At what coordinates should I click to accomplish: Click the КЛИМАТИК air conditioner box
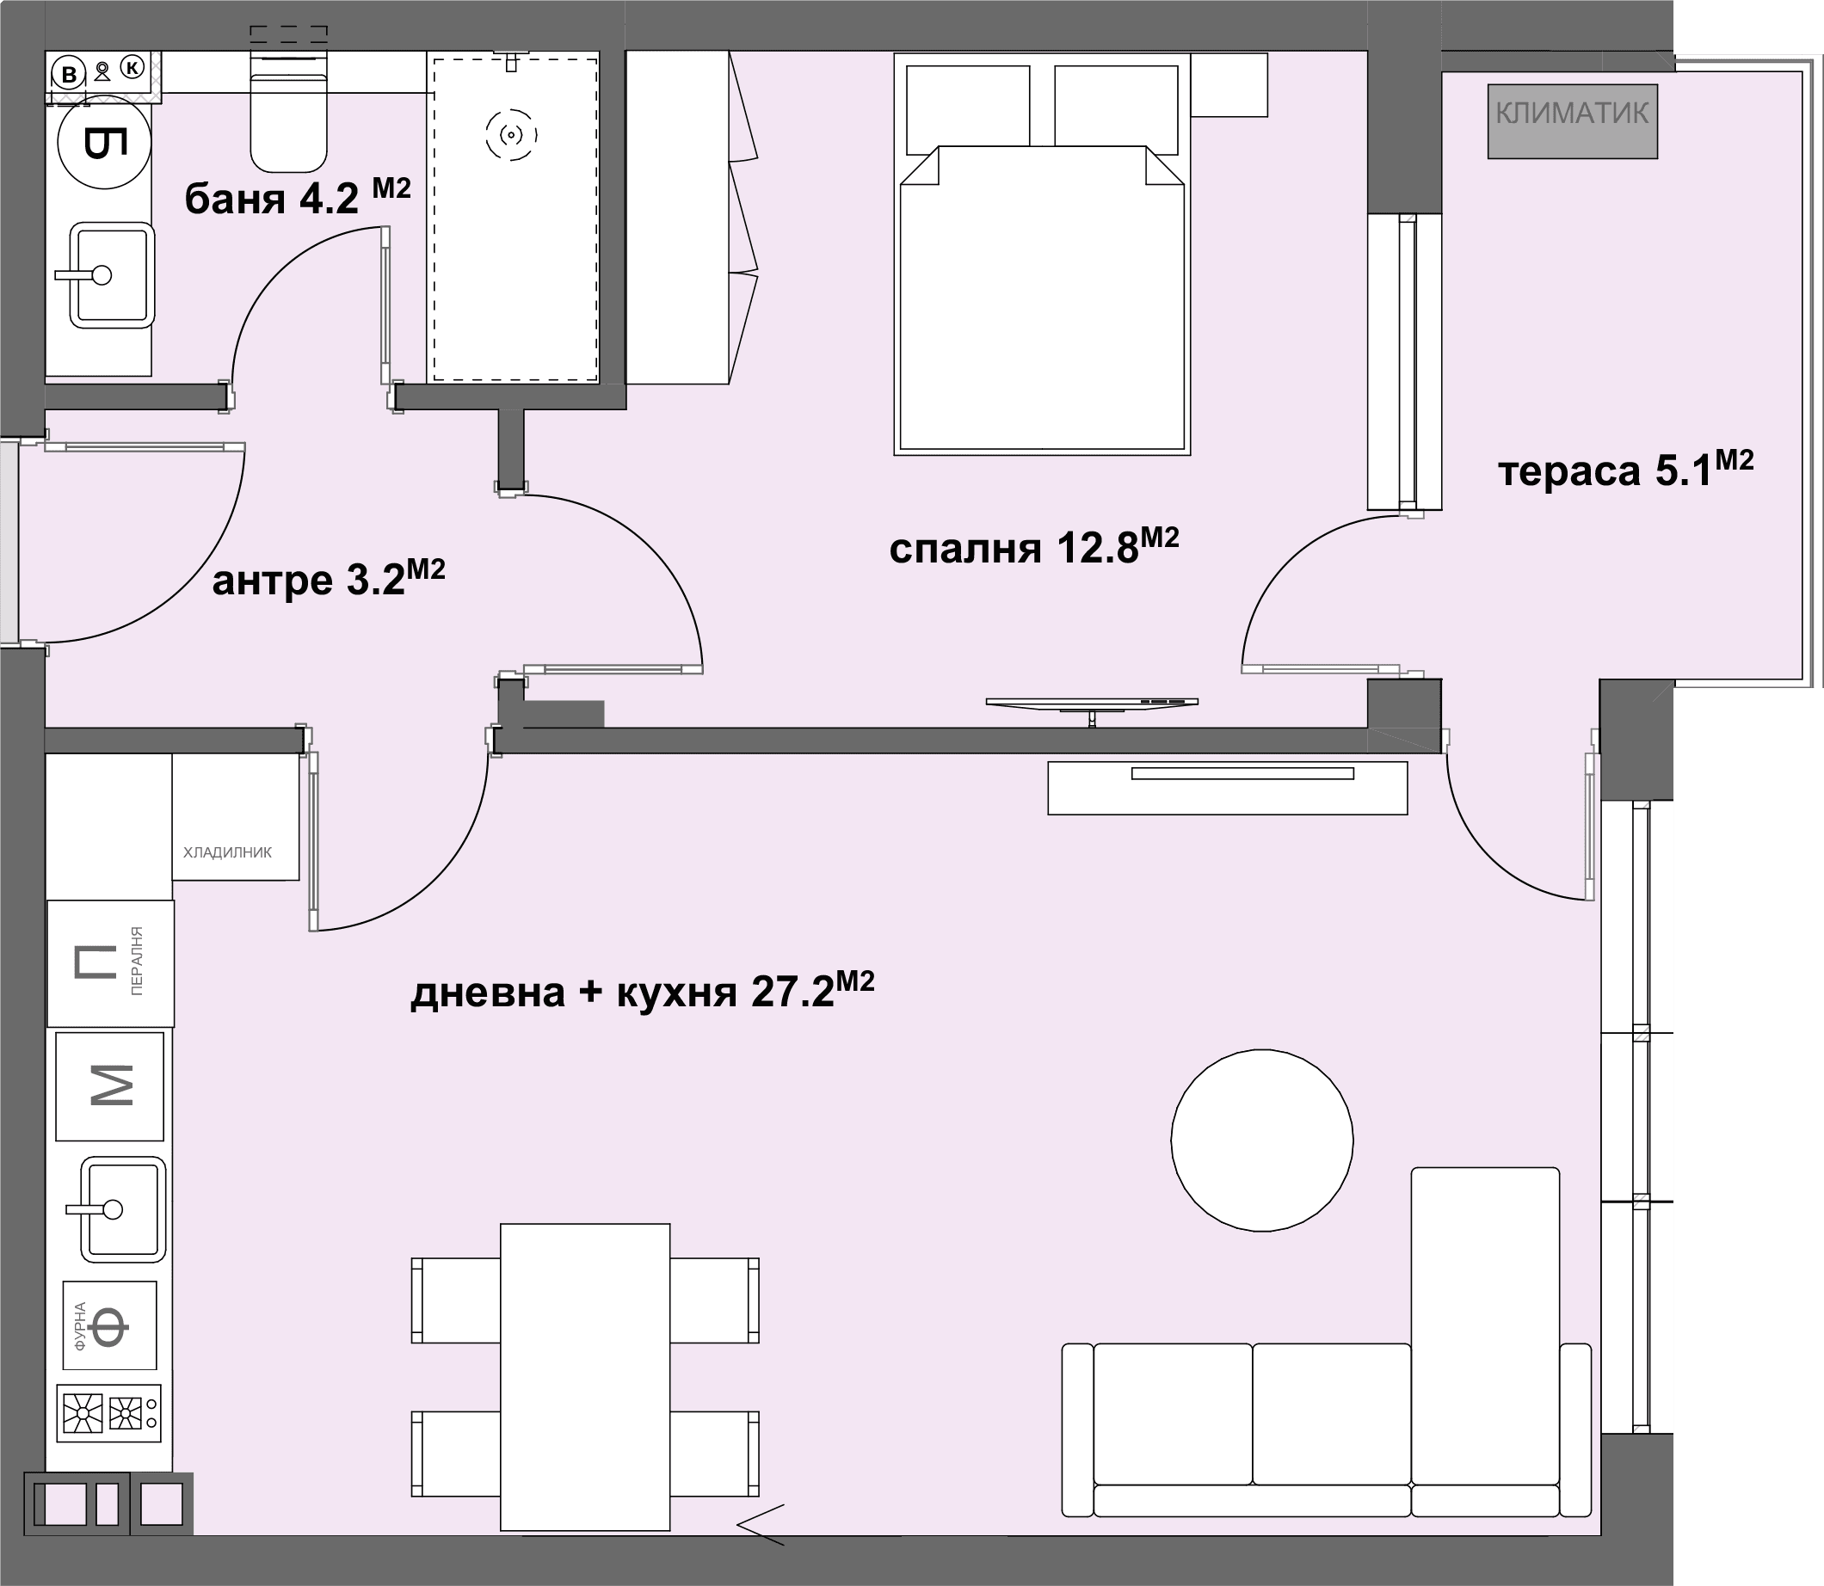pyautogui.click(x=1572, y=121)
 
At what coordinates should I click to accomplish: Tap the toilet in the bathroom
pyautogui.click(x=288, y=112)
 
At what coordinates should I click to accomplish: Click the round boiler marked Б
pyautogui.click(x=104, y=142)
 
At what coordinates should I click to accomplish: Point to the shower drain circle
pyautogui.click(x=512, y=135)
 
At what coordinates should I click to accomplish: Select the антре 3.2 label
pyautogui.click(x=329, y=578)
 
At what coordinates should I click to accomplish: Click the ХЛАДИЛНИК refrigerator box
pyautogui.click(x=236, y=817)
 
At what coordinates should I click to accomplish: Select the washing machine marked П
pyautogui.click(x=111, y=963)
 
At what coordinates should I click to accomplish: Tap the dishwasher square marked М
pyautogui.click(x=110, y=1086)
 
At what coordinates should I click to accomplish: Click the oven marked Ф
pyautogui.click(x=110, y=1325)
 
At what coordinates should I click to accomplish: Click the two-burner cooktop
pyautogui.click(x=109, y=1413)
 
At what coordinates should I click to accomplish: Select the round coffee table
pyautogui.click(x=1262, y=1140)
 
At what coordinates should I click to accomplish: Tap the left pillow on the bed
pyautogui.click(x=968, y=106)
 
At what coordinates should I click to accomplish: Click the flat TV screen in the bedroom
pyautogui.click(x=1092, y=703)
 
